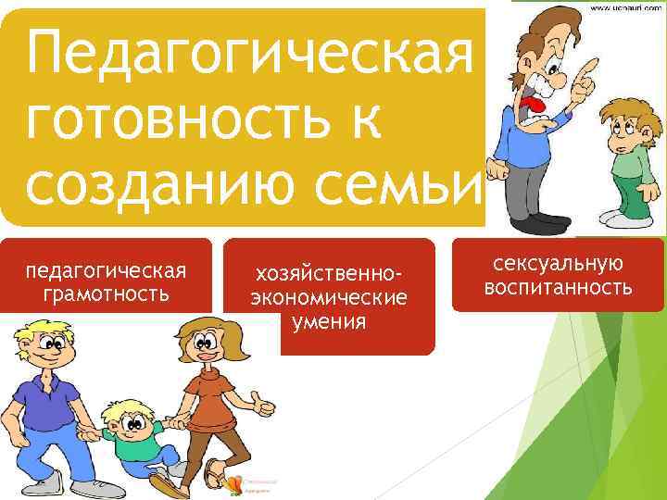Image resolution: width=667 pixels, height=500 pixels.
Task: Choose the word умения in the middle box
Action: [329, 322]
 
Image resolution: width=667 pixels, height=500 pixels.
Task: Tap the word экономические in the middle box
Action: [329, 299]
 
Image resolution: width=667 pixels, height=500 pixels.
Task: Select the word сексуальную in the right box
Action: [557, 266]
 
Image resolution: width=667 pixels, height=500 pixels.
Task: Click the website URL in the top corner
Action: [623, 8]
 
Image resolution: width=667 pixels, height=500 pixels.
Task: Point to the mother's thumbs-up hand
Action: [267, 406]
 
